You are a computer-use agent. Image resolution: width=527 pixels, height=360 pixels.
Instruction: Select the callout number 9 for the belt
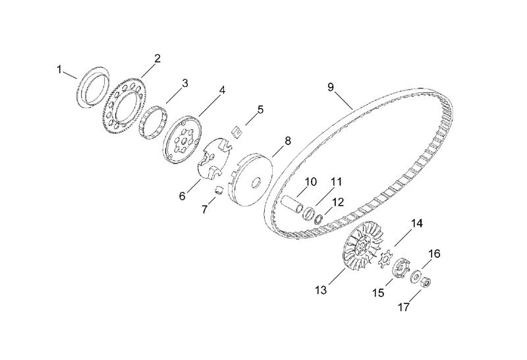(x=331, y=86)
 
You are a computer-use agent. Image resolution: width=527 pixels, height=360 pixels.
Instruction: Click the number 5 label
(x=260, y=109)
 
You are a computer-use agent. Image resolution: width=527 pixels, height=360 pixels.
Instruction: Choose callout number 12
(x=338, y=202)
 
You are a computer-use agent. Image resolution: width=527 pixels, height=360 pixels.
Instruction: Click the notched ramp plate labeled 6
(x=212, y=162)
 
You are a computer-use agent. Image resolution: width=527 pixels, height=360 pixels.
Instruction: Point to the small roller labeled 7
(x=214, y=191)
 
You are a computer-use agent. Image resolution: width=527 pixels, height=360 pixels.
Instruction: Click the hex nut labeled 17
(x=426, y=284)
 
